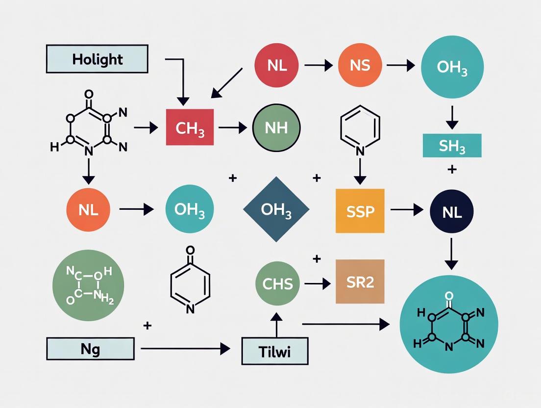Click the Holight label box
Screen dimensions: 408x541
pos(97,59)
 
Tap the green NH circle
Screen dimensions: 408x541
pos(276,127)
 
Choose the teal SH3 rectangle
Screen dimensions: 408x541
pos(452,146)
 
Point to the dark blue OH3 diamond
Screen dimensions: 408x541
pos(276,209)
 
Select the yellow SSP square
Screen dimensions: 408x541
pos(360,210)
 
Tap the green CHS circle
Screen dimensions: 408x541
pos(277,283)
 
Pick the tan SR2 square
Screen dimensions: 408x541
pos(360,282)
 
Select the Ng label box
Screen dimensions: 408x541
pos(90,349)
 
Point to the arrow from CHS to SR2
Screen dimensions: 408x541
pos(317,283)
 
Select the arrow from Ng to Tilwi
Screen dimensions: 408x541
pos(185,349)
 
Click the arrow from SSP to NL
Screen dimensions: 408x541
pos(407,210)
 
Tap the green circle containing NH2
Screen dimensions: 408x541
pos(88,285)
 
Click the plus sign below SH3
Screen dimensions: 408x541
pos(452,170)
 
